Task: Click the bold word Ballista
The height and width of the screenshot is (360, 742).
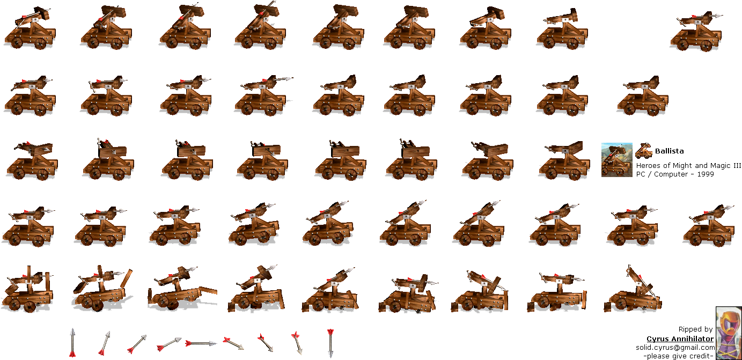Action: click(x=669, y=151)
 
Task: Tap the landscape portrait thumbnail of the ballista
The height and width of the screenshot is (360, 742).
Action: click(x=617, y=160)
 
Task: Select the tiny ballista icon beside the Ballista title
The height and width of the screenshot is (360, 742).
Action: click(x=644, y=151)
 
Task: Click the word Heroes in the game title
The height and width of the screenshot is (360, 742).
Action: click(x=648, y=166)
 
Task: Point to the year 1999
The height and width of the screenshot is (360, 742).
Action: click(x=705, y=174)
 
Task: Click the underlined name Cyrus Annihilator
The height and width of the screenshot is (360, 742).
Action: click(x=680, y=339)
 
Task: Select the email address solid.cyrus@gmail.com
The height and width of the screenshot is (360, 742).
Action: click(x=675, y=348)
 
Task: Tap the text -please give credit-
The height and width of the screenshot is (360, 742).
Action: click(x=679, y=356)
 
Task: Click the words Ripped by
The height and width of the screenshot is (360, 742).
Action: click(x=695, y=329)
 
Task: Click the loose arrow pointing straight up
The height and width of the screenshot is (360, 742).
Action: click(x=72, y=343)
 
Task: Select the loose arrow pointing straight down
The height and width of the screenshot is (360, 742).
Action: click(x=330, y=343)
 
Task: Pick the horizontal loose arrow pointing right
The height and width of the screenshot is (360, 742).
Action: click(x=201, y=343)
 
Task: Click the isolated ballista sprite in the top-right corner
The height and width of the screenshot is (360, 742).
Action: click(x=696, y=32)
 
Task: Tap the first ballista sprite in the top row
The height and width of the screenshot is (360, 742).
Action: click(x=30, y=28)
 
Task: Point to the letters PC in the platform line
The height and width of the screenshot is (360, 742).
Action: click(x=641, y=174)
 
